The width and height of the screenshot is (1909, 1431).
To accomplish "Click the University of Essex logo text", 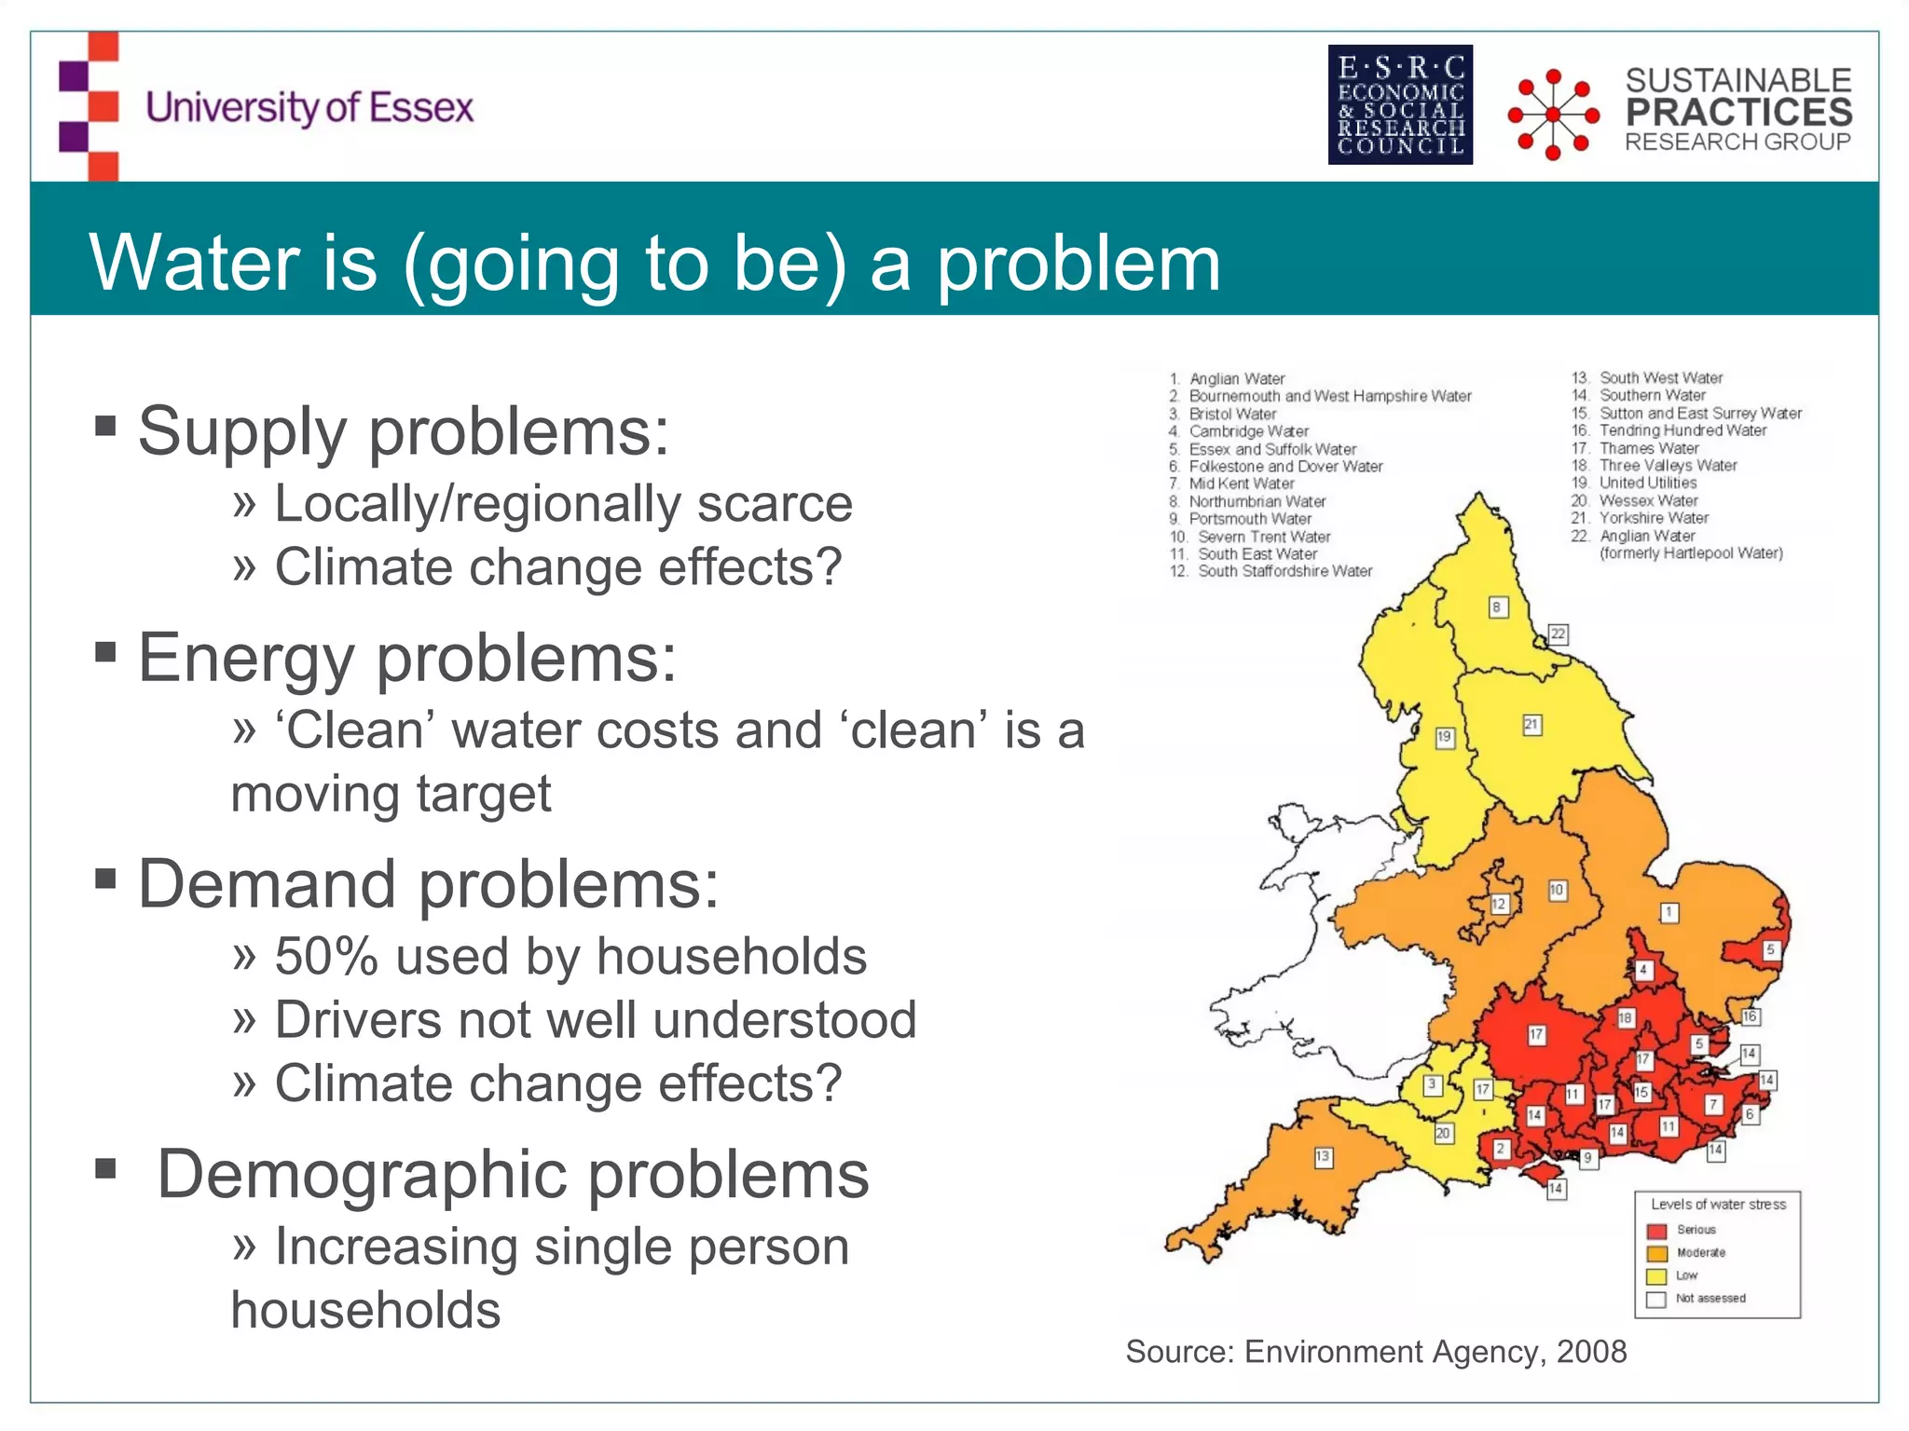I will [309, 108].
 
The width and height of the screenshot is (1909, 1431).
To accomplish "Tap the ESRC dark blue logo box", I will [1400, 104].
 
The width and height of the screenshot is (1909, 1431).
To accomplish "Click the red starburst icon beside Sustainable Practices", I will [1553, 115].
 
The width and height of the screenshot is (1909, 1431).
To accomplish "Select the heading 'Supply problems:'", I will [404, 432].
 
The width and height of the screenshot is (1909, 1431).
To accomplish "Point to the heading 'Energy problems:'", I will [407, 658].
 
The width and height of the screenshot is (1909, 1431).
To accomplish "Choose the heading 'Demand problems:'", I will [429, 884].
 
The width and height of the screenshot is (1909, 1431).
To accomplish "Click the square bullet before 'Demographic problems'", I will [105, 1167].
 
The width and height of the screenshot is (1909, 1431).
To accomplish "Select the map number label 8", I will [1497, 607].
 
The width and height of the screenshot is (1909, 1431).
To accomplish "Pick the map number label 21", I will [1531, 724].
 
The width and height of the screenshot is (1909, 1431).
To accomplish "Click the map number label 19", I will [1444, 737].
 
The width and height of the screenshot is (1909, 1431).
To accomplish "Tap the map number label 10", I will [1557, 890].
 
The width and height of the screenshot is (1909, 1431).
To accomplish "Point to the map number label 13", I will [1323, 1157].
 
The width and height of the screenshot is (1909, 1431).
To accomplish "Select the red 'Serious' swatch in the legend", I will [1656, 1231].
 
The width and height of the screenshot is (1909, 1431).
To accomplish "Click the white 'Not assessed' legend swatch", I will [1656, 1300].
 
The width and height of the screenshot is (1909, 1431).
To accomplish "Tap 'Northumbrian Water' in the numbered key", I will [1257, 501].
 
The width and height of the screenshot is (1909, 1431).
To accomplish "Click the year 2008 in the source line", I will [1592, 1352].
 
